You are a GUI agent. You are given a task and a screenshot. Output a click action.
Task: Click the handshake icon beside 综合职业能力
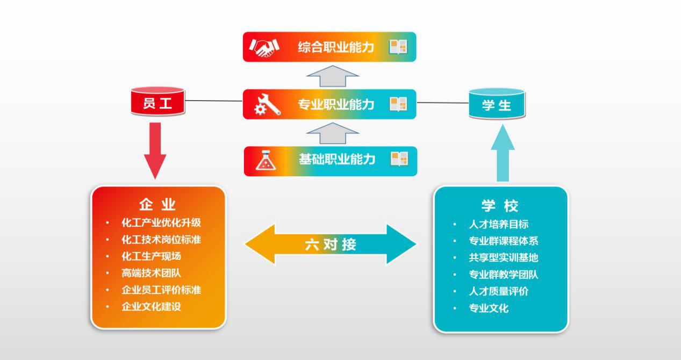coord(264,47)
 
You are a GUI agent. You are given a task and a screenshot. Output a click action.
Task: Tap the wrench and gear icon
coord(267,104)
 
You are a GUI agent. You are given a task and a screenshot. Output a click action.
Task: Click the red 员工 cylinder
coord(158,103)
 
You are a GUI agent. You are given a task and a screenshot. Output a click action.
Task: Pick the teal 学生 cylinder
coord(497,104)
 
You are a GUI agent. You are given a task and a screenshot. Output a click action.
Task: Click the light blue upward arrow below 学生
coord(503,153)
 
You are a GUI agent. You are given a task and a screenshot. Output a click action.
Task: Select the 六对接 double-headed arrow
coord(330,244)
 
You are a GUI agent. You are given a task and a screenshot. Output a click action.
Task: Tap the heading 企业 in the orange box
coord(157,205)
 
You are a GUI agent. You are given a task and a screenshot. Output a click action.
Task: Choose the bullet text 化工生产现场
coord(151,256)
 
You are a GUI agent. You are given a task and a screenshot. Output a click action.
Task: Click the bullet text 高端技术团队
coord(151,273)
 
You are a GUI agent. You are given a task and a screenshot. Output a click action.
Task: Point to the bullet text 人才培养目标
coord(498,224)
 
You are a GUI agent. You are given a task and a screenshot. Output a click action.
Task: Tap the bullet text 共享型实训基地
coord(503,258)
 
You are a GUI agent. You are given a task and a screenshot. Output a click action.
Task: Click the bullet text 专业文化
coord(489,308)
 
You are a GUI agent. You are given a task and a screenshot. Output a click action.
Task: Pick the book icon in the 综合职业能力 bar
coord(398,47)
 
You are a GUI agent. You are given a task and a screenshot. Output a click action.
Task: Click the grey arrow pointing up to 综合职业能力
coord(332,76)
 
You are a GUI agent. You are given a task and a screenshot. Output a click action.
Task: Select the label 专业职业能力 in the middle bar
coord(336,104)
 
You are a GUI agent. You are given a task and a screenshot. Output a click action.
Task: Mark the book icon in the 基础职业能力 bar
coord(399,159)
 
